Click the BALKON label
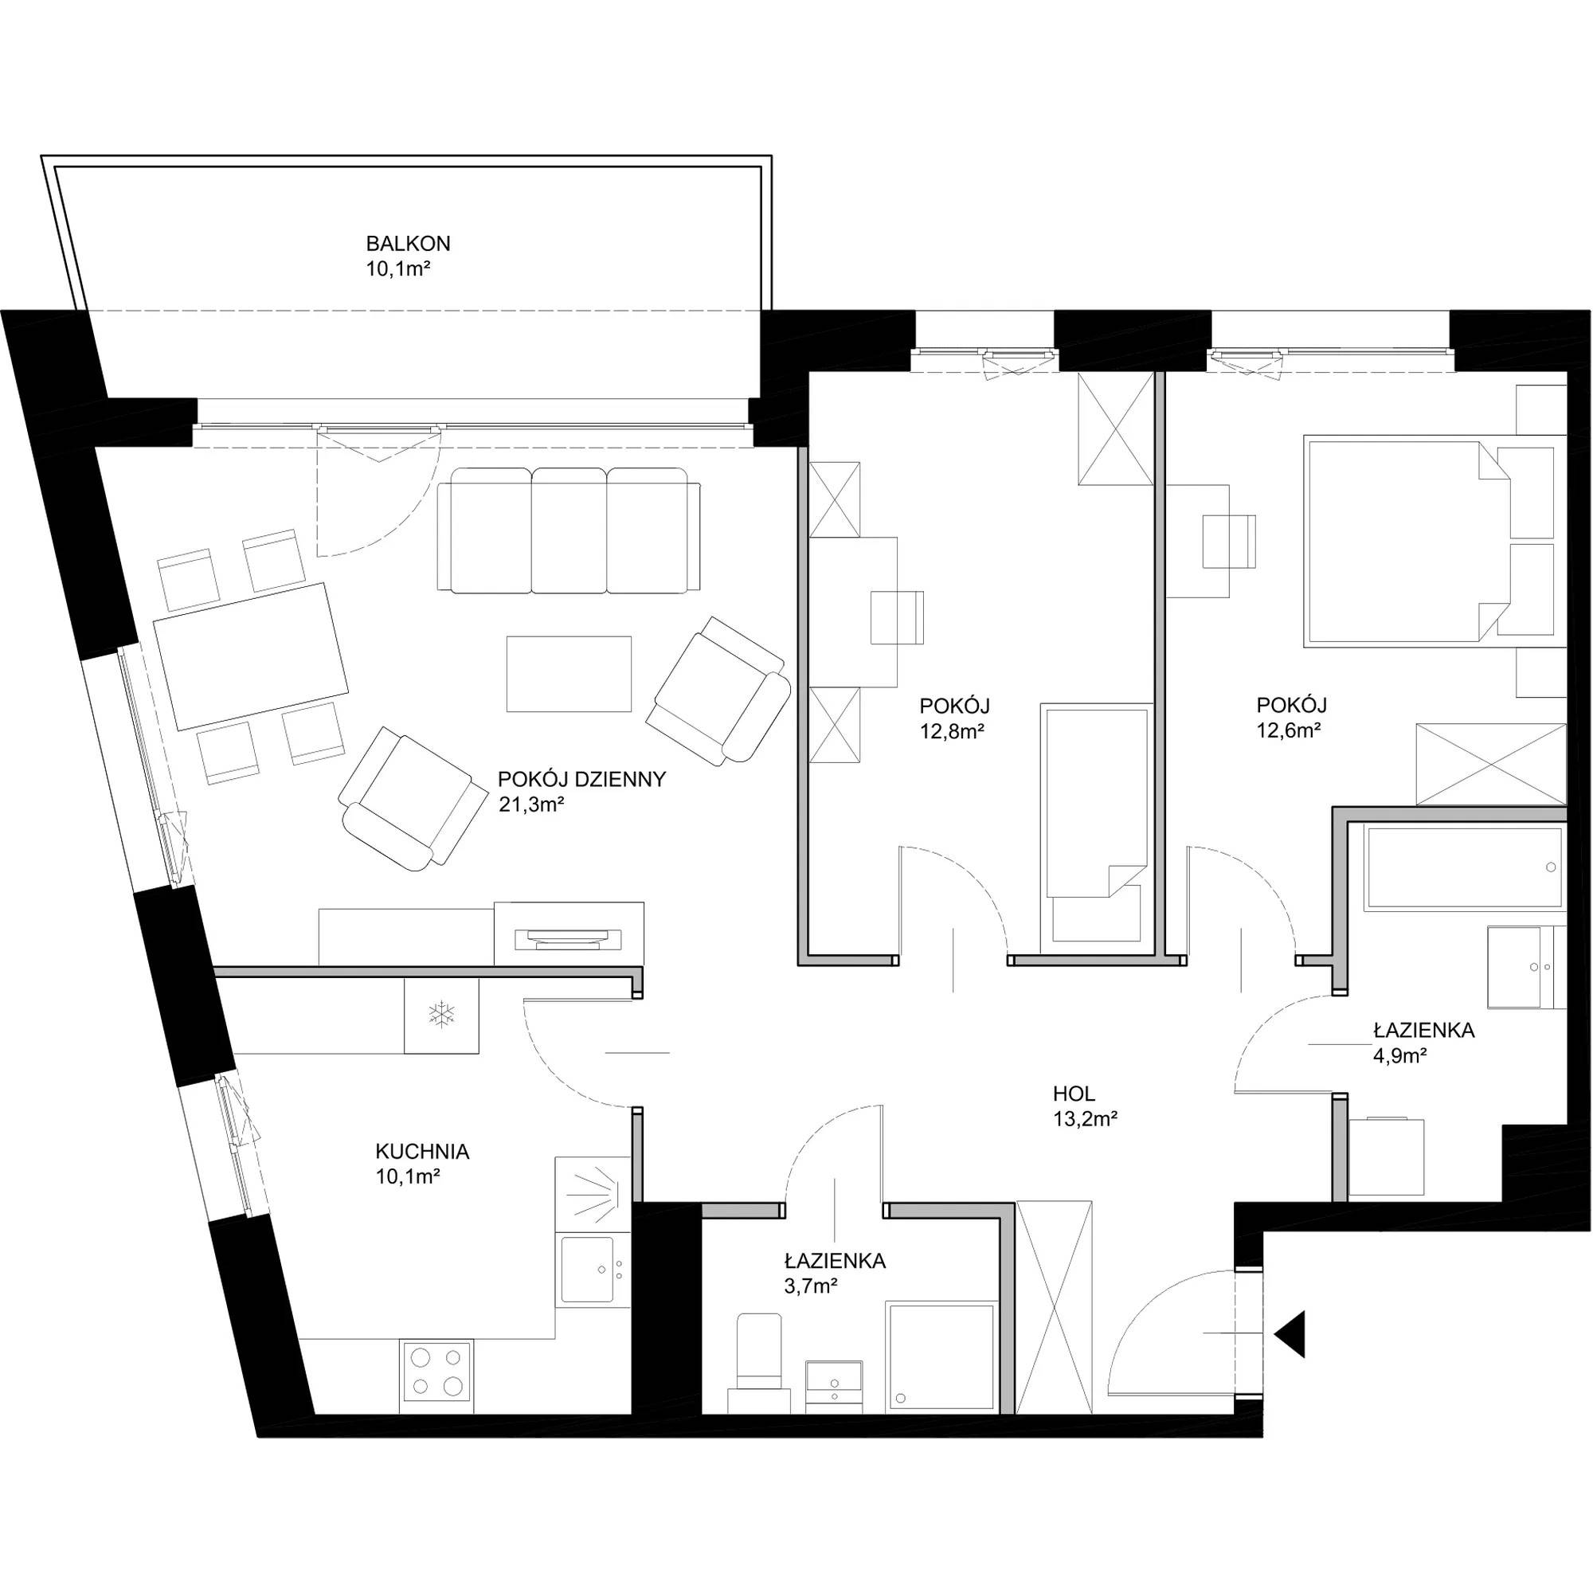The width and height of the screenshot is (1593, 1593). [408, 244]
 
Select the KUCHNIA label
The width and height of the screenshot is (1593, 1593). [422, 1152]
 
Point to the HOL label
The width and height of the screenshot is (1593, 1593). [1074, 1094]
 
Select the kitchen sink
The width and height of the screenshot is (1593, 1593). [586, 1269]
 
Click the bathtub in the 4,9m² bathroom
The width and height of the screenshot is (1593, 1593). [1463, 869]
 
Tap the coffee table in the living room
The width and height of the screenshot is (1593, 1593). [569, 674]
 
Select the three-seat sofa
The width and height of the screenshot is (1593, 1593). [569, 530]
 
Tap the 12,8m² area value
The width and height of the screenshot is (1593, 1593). [953, 730]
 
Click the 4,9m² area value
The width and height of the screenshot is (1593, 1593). [1400, 1055]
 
